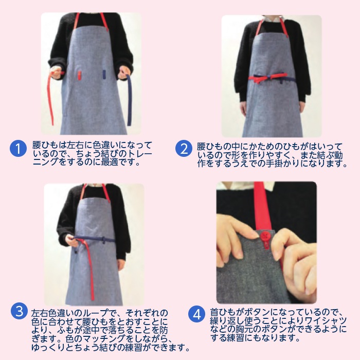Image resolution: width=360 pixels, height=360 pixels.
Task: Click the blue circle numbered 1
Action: (18, 149)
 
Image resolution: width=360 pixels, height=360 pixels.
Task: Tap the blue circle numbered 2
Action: (184, 149)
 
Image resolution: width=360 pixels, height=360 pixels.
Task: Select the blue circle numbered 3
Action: (20, 311)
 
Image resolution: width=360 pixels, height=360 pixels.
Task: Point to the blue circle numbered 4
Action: (197, 314)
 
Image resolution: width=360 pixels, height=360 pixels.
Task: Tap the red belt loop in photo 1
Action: (79, 75)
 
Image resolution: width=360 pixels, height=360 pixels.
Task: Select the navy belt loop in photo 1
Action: (104, 75)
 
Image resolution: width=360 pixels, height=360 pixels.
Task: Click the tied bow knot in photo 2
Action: (268, 78)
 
